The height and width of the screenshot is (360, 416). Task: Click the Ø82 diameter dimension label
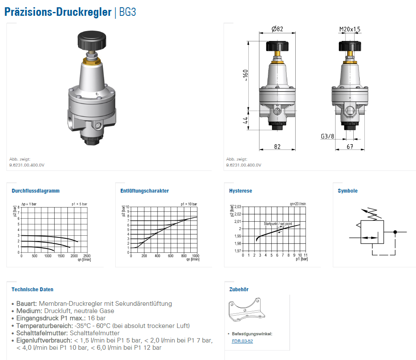pos(277,29)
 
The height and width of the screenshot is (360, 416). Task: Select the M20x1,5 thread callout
pos(350,29)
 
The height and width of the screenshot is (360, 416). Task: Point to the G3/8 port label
pos(327,136)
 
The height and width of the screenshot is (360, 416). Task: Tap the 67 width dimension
pos(350,146)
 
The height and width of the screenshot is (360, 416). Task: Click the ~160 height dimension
pos(245,76)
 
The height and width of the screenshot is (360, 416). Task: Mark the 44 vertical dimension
pos(245,120)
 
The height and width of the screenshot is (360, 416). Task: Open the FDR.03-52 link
pos(242,341)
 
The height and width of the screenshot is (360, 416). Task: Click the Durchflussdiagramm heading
pos(35,190)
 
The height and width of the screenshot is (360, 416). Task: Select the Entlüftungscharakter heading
pos(145,190)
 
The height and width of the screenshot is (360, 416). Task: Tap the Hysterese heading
pos(241,190)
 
